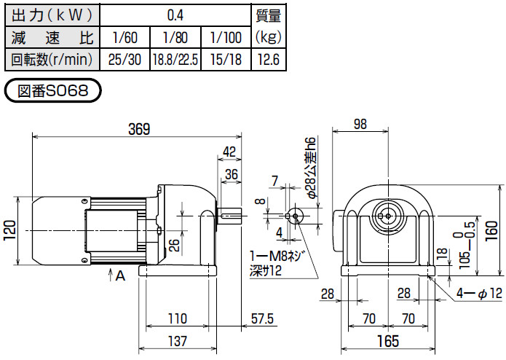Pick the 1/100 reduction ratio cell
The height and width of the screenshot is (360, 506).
(224, 37)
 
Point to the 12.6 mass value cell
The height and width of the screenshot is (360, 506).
(268, 60)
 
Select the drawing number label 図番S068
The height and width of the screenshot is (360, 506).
(52, 93)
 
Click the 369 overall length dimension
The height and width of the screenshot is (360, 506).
(138, 129)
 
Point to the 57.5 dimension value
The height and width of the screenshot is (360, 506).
(261, 319)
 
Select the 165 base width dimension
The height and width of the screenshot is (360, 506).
(387, 340)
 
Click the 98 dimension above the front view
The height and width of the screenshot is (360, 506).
(360, 125)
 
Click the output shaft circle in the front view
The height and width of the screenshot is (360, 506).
(387, 215)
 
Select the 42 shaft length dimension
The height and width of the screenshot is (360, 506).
(230, 151)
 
